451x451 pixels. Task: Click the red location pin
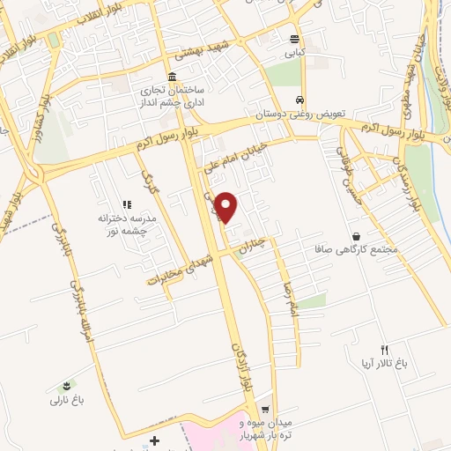pyautogui.click(x=227, y=206)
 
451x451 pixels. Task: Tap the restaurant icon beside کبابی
pyautogui.click(x=295, y=39)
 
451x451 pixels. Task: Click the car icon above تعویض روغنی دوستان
pyautogui.click(x=301, y=100)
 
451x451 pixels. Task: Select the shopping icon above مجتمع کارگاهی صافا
pyautogui.click(x=356, y=236)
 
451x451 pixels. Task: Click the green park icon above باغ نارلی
pyautogui.click(x=64, y=387)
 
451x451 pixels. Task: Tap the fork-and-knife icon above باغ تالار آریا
pyautogui.click(x=383, y=349)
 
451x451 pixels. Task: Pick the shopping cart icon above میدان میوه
pyautogui.click(x=265, y=408)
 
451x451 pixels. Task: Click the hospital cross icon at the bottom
pyautogui.click(x=155, y=440)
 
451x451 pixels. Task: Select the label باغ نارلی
pyautogui.click(x=65, y=401)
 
